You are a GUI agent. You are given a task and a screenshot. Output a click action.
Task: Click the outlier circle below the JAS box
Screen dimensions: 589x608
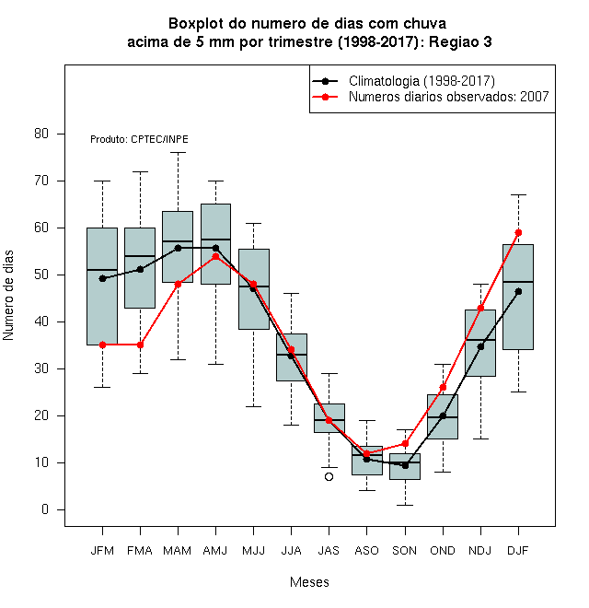click(x=329, y=476)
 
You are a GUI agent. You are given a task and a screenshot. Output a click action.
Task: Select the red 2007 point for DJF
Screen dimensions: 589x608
click(x=518, y=233)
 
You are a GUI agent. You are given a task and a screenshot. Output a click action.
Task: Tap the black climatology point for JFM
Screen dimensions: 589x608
click(x=102, y=278)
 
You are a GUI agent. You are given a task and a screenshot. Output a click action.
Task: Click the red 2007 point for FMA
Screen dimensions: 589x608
click(x=140, y=345)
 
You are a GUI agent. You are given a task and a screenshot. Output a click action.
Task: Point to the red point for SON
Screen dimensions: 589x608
click(x=405, y=443)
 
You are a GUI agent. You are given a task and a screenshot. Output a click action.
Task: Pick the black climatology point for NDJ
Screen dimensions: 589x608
click(x=481, y=346)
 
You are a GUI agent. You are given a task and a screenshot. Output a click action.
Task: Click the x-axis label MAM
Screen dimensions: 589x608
click(x=177, y=551)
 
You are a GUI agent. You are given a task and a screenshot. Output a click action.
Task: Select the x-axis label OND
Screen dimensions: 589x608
click(x=443, y=551)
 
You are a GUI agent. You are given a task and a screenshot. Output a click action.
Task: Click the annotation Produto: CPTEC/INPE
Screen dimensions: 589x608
click(x=139, y=139)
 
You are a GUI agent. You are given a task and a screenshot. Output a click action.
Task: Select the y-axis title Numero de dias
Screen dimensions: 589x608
click(x=8, y=296)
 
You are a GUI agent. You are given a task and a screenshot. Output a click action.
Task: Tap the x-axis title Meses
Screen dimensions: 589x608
click(x=309, y=582)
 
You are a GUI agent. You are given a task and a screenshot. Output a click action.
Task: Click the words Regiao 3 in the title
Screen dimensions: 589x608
click(x=460, y=41)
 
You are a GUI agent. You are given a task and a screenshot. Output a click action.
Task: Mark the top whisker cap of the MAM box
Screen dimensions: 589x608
click(x=179, y=153)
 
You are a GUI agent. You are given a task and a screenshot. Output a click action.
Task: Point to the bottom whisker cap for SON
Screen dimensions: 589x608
click(x=405, y=505)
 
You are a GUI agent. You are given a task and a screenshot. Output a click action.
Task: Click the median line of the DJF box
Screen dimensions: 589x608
click(x=518, y=282)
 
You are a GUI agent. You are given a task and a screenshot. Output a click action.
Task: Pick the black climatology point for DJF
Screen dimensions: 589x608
click(x=518, y=292)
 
